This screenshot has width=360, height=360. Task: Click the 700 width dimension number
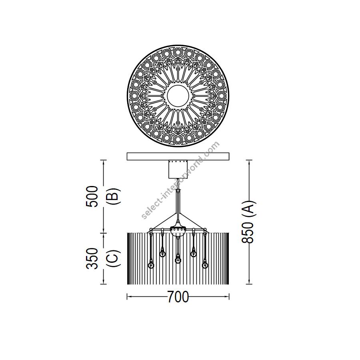click(178, 297)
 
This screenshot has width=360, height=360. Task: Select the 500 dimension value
click(92, 196)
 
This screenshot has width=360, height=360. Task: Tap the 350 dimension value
click(92, 258)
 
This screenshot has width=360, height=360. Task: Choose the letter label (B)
click(114, 196)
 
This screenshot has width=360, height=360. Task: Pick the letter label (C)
click(114, 258)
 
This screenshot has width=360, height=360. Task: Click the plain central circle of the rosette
click(178, 96)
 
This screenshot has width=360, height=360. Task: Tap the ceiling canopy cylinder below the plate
click(178, 170)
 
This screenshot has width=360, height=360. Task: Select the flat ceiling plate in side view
click(178, 156)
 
